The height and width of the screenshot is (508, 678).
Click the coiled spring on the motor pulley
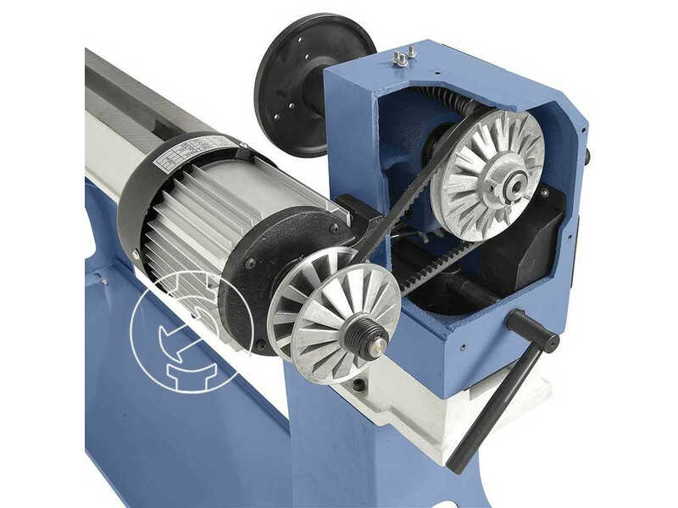pyautogui.click(x=360, y=330)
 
